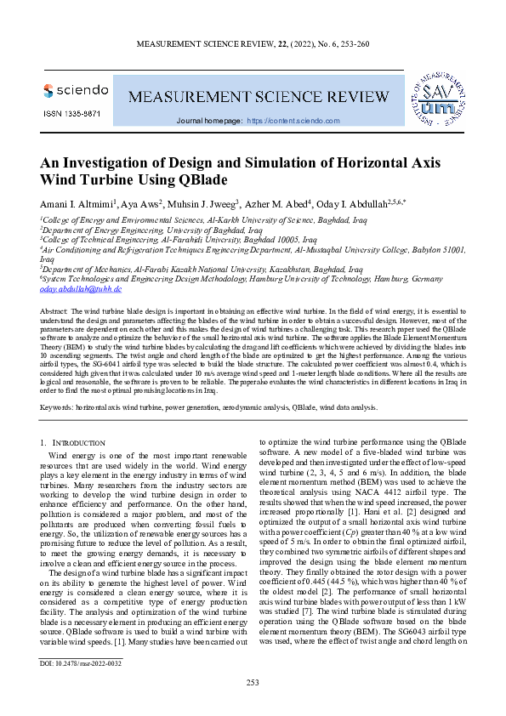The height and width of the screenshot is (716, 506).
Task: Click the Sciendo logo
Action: [75, 90]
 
